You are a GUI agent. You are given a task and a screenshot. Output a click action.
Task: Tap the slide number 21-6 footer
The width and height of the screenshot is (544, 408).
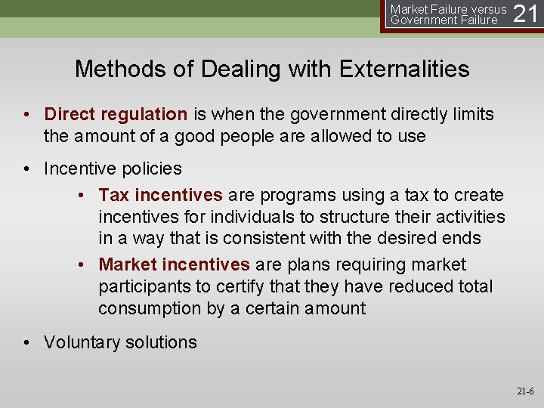524,391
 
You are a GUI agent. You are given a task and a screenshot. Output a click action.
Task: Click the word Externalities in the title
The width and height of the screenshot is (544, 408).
404,70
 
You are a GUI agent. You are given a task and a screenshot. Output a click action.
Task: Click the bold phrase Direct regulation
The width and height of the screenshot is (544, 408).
116,114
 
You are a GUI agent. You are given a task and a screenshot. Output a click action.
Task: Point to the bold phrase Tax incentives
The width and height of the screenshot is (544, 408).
160,195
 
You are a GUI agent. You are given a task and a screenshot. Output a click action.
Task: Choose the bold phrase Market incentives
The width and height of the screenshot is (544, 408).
174,264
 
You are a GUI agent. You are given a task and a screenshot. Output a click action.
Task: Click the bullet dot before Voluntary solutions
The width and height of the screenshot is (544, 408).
26,342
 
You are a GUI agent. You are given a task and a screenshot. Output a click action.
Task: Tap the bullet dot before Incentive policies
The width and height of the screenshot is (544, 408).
26,168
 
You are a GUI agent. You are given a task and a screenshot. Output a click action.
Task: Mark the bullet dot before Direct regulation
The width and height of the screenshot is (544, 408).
26,114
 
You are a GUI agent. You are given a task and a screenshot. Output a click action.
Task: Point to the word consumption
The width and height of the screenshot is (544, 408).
149,308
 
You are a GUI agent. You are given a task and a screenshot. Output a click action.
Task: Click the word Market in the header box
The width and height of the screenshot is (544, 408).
409,9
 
